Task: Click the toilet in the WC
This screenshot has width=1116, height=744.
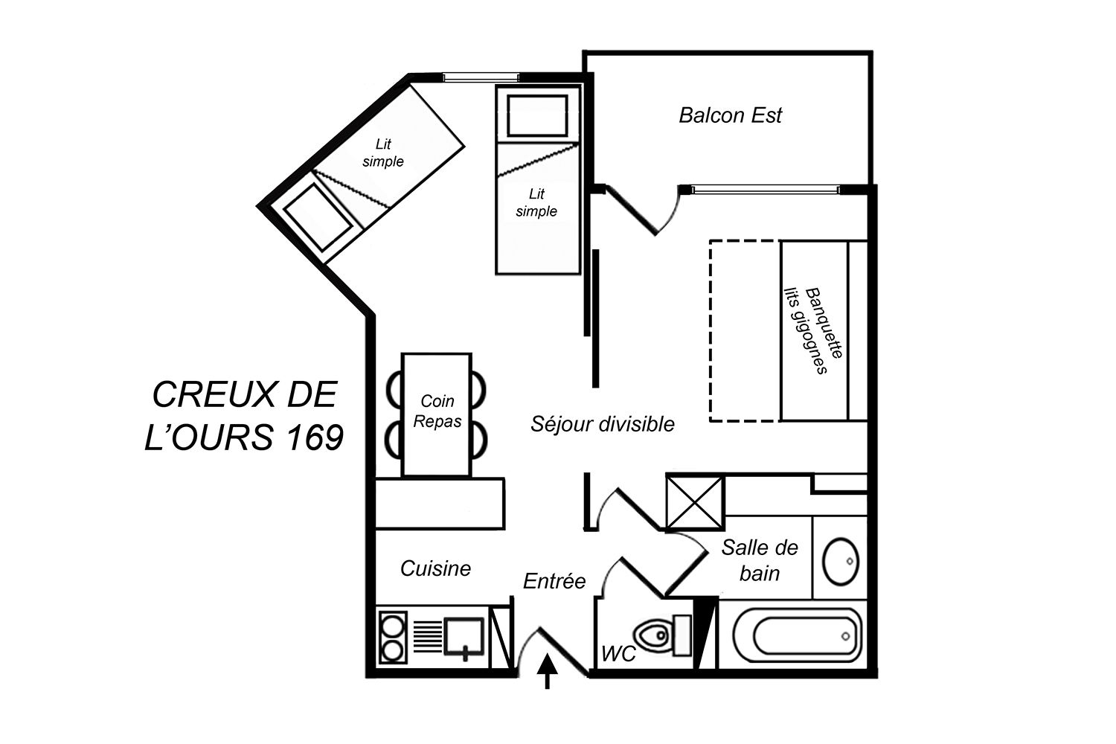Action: click(662, 635)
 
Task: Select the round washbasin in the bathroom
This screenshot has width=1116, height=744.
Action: click(841, 561)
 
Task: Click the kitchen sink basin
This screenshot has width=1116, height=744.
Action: click(464, 638)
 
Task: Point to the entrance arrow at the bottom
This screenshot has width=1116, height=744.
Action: click(547, 671)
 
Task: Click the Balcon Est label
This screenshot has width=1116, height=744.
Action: click(731, 115)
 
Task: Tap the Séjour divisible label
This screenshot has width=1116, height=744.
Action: click(603, 424)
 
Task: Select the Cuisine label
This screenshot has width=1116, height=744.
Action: click(435, 568)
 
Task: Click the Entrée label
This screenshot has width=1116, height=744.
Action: click(554, 581)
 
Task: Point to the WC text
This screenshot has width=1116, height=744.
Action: click(619, 654)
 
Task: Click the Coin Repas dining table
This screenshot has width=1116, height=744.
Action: click(437, 414)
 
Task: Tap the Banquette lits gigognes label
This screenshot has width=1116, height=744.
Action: click(814, 330)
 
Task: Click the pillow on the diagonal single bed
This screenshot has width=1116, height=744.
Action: click(318, 217)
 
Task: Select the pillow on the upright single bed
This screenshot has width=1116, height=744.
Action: click(538, 115)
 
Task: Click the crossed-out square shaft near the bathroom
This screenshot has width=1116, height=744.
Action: click(695, 502)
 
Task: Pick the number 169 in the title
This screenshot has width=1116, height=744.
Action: click(314, 437)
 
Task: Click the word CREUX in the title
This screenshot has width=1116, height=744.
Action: click(214, 394)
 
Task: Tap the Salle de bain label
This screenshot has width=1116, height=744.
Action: click(760, 561)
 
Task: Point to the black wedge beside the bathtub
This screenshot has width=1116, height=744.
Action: click(705, 633)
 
